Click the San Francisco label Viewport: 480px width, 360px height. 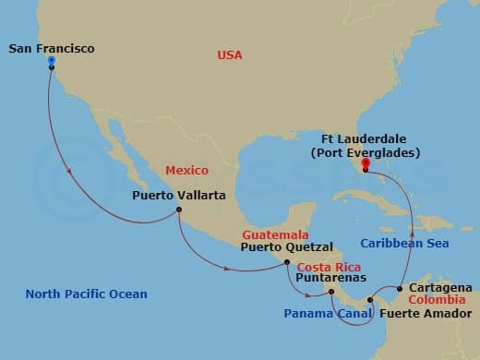51,47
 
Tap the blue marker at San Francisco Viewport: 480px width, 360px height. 51,64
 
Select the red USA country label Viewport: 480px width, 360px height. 229,55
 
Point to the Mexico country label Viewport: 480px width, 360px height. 187,171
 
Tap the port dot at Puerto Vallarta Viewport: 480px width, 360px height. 178,210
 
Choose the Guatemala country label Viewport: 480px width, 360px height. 275,235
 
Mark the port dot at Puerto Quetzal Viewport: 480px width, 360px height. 287,262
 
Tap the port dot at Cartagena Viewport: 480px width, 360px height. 399,288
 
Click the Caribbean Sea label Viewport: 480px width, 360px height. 404,244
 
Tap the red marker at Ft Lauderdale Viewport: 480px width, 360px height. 366,167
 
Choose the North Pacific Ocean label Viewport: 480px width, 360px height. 86,294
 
